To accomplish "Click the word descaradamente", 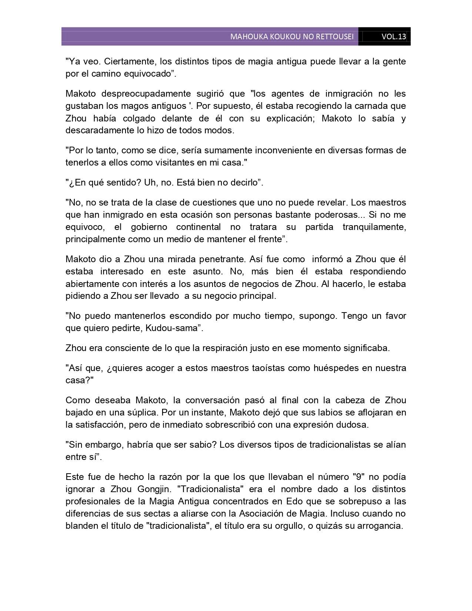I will [96, 130].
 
